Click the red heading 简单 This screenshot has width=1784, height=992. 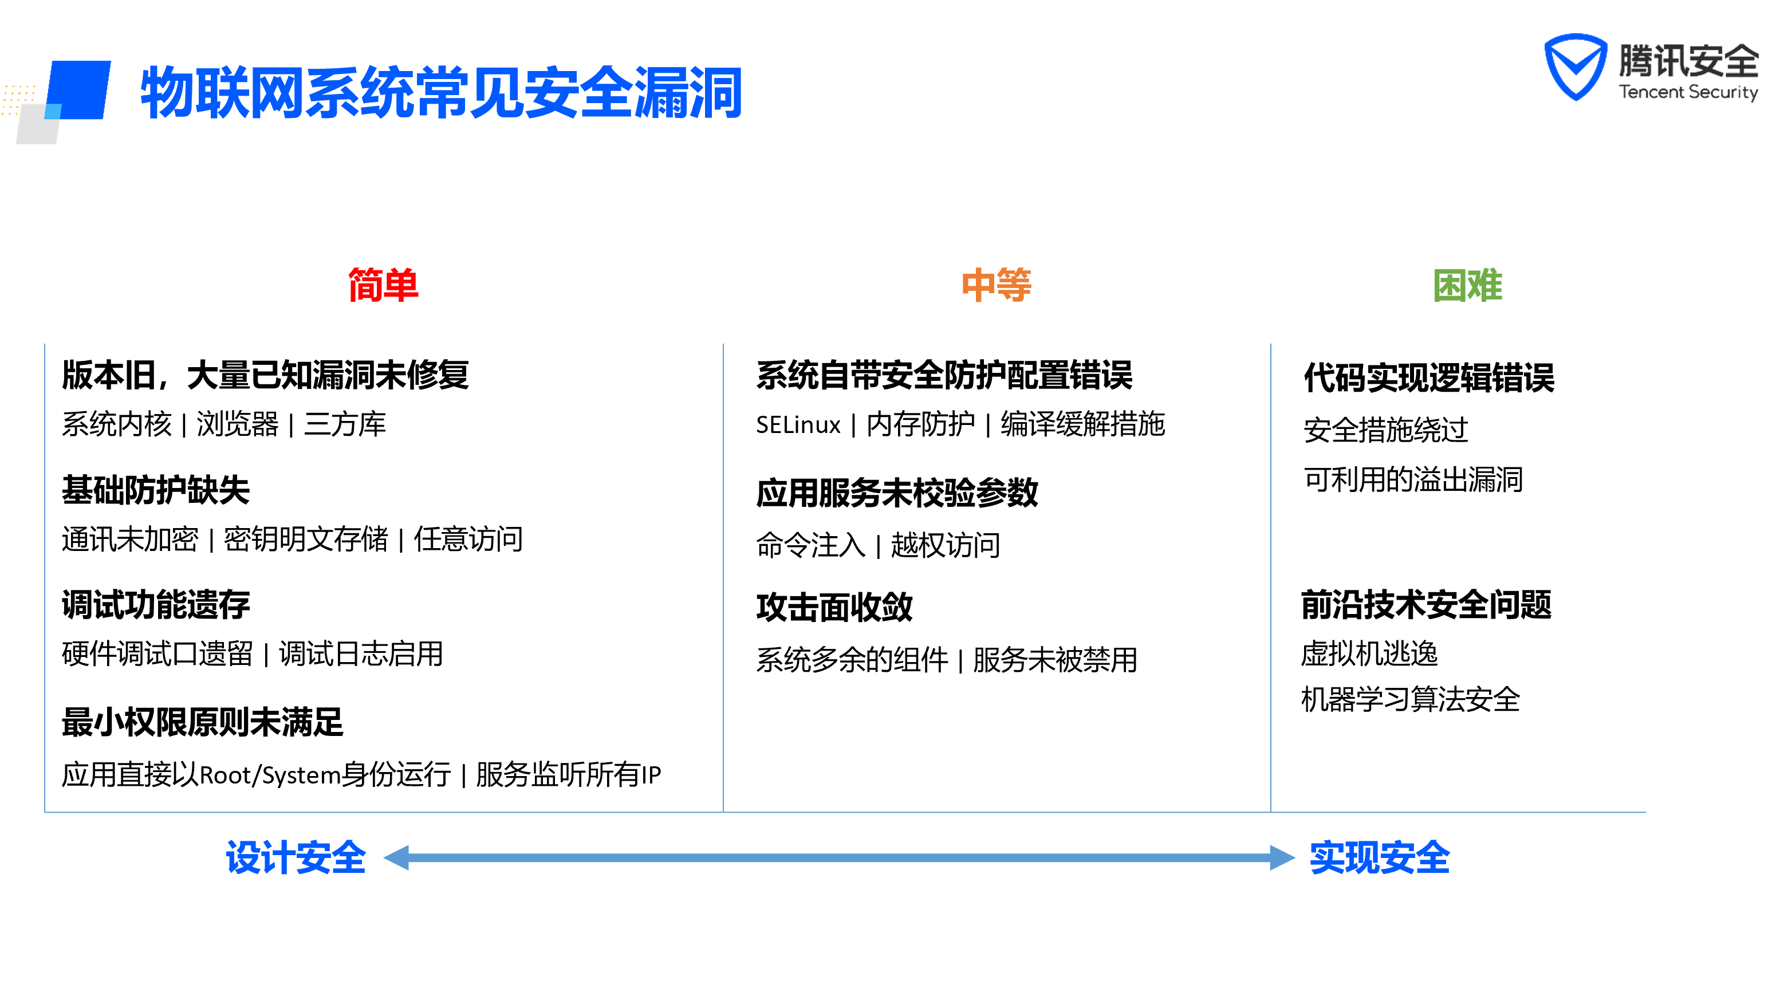383,285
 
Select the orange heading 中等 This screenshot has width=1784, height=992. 996,285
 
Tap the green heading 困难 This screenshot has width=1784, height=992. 1467,285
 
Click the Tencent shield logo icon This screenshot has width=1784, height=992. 1575,66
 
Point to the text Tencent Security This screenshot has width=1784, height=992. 1688,92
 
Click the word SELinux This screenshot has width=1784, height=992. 798,424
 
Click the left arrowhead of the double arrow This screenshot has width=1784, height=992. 397,857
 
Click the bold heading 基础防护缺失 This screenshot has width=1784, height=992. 155,490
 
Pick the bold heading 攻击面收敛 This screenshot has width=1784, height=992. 834,607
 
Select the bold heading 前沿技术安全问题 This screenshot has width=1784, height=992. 1426,604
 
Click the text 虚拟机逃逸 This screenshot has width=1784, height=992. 1369,654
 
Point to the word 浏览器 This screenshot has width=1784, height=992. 237,424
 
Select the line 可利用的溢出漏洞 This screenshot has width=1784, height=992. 1413,479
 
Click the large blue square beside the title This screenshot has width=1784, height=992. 80,90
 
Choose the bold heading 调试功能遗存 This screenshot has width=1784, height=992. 155,604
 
